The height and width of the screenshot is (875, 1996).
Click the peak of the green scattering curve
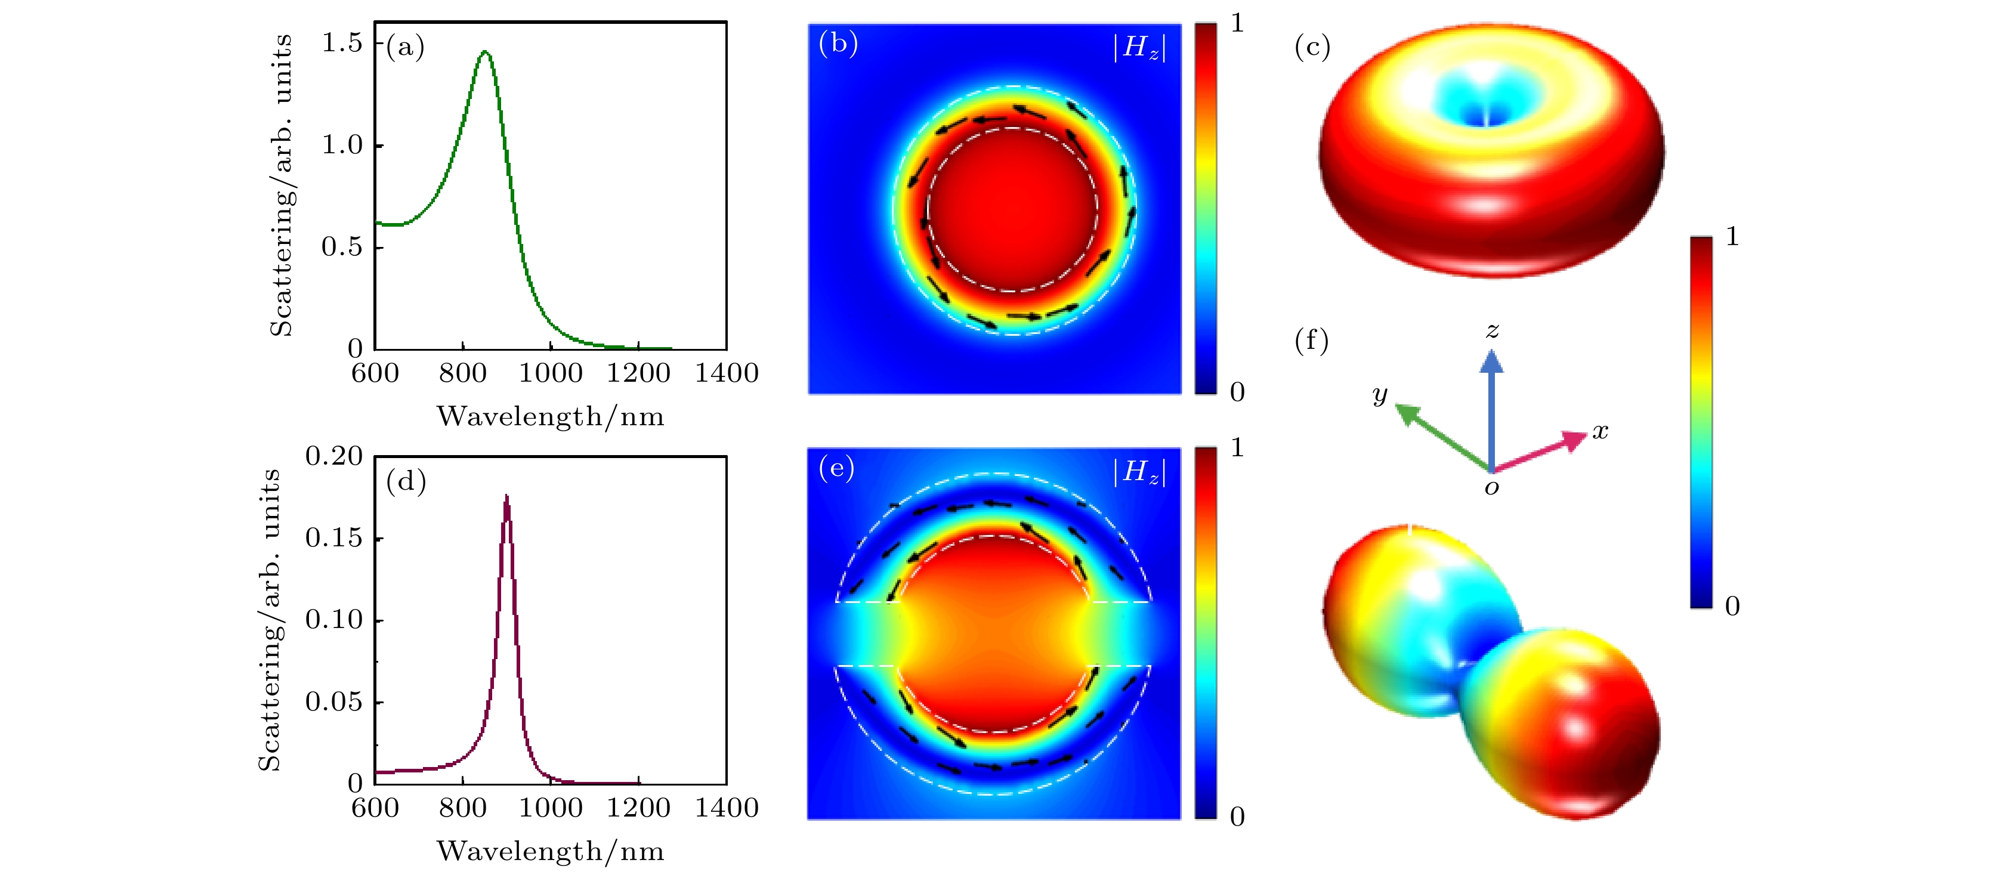point(485,52)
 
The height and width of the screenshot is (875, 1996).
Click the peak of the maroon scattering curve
point(506,497)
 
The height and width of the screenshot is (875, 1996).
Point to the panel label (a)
point(405,47)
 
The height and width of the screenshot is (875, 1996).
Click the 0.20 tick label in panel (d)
point(333,456)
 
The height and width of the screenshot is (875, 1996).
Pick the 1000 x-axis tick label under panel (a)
point(550,373)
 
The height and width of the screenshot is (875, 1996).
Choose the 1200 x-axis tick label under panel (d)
point(638,808)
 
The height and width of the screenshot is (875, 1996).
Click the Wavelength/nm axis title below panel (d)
point(550,851)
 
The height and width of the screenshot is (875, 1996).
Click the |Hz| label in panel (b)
point(1139,47)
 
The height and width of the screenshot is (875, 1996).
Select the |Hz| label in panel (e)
point(1139,471)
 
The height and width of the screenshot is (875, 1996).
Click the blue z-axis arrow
point(1491,403)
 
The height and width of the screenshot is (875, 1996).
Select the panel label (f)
point(1311,341)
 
